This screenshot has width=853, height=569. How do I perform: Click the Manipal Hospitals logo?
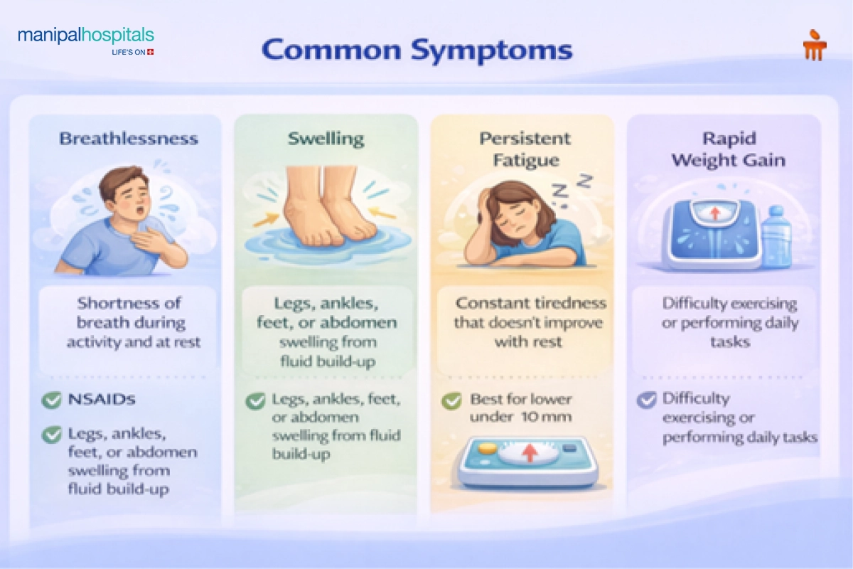coord(86,41)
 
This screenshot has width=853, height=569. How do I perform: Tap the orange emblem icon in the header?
coord(815,45)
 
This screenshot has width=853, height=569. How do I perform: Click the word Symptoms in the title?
coord(492,50)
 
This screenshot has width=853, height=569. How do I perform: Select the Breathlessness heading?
coord(129,139)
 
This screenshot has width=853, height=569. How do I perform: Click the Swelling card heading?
coord(326,139)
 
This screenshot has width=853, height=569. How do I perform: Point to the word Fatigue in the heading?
coord(526,160)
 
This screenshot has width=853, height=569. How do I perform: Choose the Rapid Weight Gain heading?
coord(729,149)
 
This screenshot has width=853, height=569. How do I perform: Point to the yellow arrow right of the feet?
coord(383,213)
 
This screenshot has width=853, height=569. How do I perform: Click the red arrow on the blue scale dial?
coord(715,214)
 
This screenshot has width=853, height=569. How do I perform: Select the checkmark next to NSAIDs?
coord(51,400)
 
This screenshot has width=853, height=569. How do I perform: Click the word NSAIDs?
coord(102,399)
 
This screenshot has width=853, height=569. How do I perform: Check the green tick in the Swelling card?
coord(255,401)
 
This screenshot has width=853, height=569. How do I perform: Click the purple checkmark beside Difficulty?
coord(647,400)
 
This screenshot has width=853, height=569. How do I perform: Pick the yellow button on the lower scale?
coord(488,448)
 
